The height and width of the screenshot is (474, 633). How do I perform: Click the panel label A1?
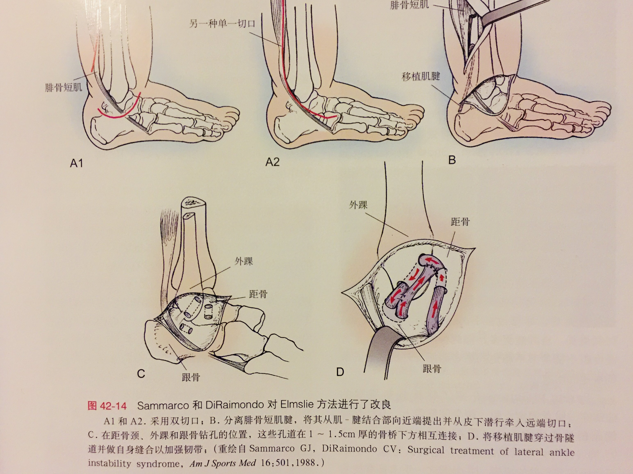pos(76,163)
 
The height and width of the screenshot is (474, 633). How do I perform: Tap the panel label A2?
pos(272,162)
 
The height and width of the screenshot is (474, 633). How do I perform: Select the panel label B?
pos(452,160)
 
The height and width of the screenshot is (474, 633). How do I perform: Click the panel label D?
pos(340,372)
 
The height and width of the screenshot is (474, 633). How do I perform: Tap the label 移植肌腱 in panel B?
pos(421,76)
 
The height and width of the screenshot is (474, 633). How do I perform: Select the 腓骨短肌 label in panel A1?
pos(64,87)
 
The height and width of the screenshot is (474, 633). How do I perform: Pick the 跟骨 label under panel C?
pos(191,377)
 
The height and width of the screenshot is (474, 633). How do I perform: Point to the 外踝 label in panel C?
pos(244,261)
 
